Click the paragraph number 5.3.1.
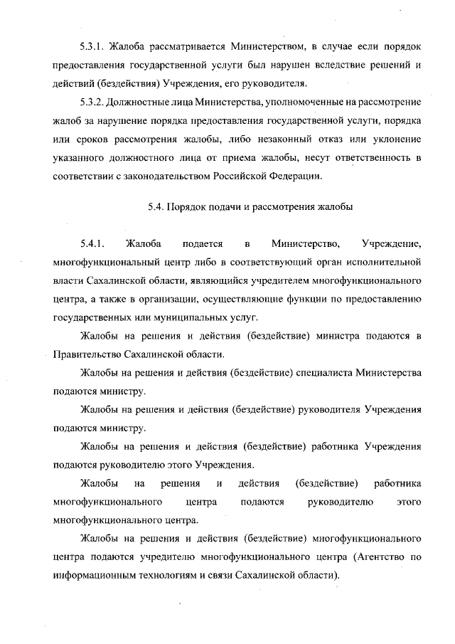93,47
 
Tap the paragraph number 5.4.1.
93,246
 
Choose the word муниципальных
192,317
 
